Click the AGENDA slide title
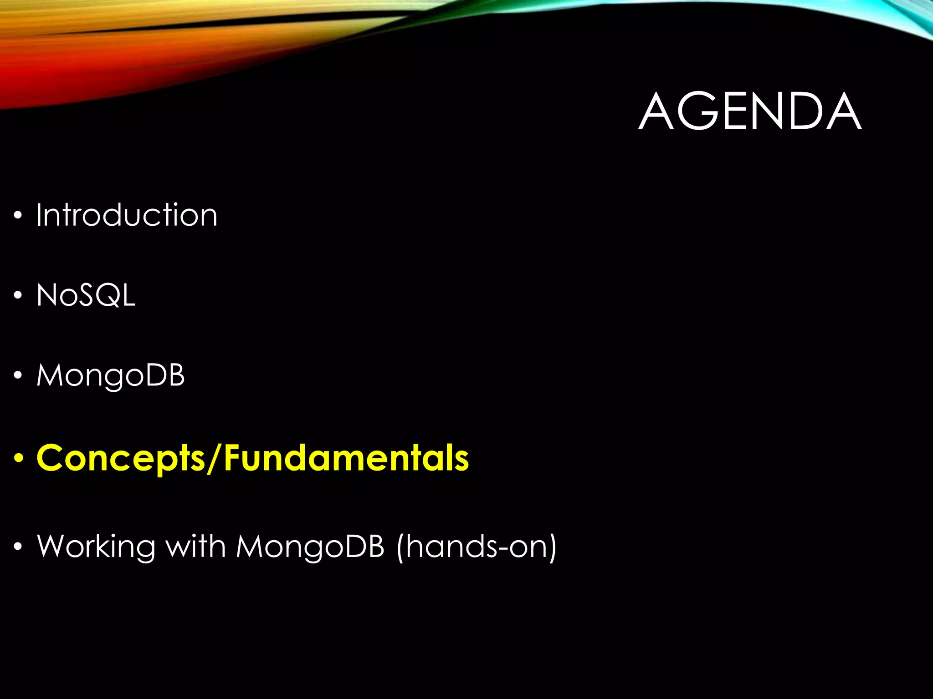(x=750, y=111)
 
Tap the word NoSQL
(x=86, y=295)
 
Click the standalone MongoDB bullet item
(x=110, y=376)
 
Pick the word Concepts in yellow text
(x=121, y=458)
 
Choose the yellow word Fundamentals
(x=346, y=458)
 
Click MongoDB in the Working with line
(x=310, y=547)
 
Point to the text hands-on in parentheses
(x=476, y=547)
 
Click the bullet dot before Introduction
(x=18, y=216)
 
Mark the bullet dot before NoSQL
(x=18, y=296)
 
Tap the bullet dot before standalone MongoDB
(x=18, y=376)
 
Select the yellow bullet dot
(x=18, y=458)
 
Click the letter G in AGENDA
(x=696, y=111)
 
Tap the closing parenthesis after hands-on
(x=552, y=547)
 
